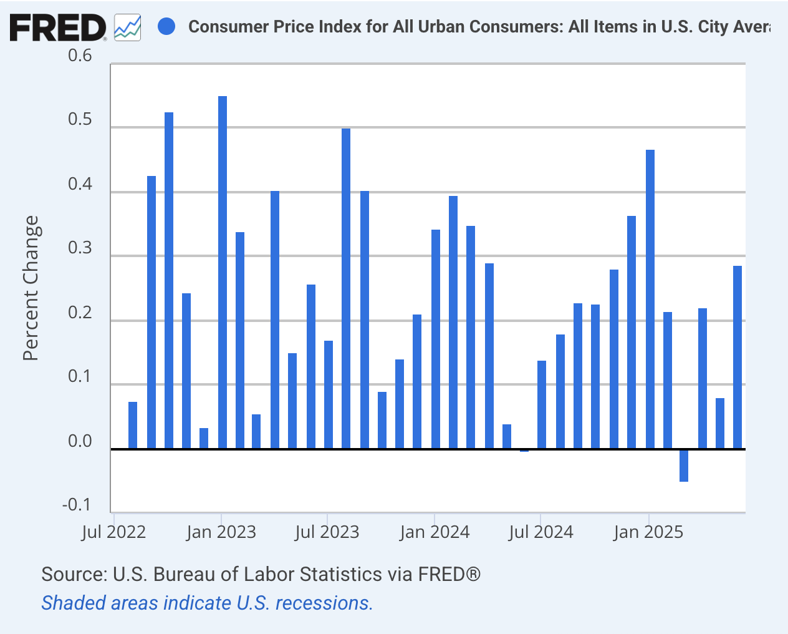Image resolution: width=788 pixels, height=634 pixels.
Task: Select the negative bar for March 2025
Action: (684, 466)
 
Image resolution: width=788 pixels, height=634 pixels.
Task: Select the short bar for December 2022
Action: (204, 438)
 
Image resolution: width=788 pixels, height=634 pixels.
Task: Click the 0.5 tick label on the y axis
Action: (80, 120)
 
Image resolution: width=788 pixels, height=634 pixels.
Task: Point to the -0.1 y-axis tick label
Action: (77, 504)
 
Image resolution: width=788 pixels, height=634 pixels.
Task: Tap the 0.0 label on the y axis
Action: (80, 441)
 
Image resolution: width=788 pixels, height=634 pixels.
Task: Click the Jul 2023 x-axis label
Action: (327, 532)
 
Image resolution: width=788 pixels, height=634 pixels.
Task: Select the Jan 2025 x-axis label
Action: (648, 532)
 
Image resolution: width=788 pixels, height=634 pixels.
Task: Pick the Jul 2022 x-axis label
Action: (114, 532)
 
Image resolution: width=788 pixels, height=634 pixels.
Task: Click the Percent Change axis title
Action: (31, 288)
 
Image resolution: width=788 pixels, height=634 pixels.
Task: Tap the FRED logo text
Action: (58, 28)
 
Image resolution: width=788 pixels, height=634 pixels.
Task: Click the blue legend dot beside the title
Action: (166, 27)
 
